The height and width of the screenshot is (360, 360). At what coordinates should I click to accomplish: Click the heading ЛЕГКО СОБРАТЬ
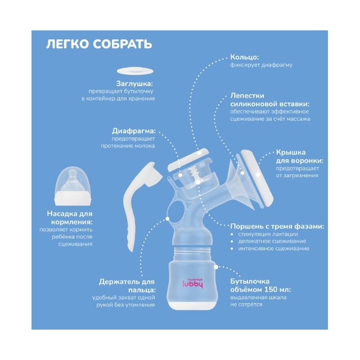click(99, 44)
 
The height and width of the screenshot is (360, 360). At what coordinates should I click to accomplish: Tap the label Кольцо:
click(244, 57)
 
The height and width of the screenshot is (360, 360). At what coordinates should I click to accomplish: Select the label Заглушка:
click(134, 83)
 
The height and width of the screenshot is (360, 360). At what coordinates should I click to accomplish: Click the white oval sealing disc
click(135, 71)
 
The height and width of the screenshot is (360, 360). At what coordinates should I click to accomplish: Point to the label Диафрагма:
click(134, 131)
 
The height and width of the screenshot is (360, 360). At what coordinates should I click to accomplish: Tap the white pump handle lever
click(138, 202)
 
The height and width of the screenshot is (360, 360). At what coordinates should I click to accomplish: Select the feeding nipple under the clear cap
click(73, 181)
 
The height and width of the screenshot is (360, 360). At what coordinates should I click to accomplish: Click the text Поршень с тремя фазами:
click(277, 226)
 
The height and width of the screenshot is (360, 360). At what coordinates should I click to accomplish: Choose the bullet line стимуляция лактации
click(268, 234)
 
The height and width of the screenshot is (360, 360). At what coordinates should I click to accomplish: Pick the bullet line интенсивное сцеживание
click(274, 249)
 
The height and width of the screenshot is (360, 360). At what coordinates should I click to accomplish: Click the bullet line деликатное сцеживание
click(272, 241)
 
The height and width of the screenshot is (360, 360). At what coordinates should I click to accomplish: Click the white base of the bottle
click(191, 305)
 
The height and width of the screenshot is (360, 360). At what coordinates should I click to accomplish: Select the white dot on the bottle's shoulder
click(216, 267)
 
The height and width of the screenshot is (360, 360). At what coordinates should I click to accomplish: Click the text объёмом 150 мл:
click(260, 290)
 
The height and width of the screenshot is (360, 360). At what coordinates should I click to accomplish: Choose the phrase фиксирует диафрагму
click(261, 65)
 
